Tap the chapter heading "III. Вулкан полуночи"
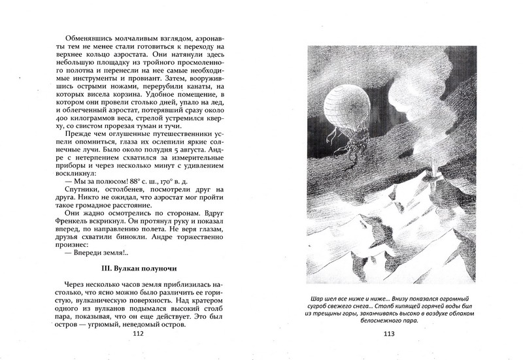137,269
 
